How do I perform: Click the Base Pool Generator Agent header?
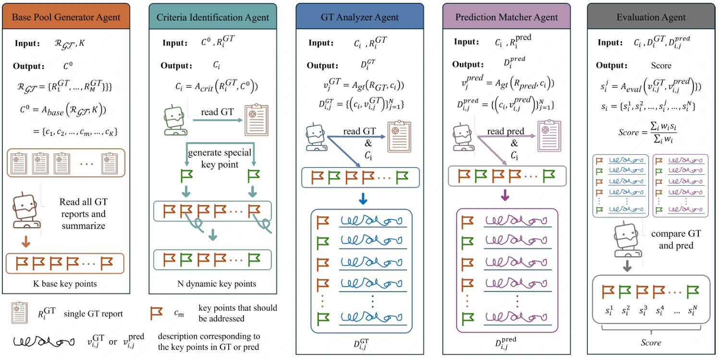coord(66,16)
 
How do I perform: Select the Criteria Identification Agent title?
coord(212,17)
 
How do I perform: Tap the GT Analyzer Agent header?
coord(359,17)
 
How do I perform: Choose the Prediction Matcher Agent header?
coord(507,17)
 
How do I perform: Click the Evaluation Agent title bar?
coord(651,17)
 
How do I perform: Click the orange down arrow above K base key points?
coord(26,241)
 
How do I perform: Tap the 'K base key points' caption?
coord(65,284)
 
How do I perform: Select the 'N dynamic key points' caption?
coord(217,284)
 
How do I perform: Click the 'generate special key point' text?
coord(219,158)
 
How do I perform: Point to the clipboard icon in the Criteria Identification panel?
coord(256,120)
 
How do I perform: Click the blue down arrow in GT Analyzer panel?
coord(363,199)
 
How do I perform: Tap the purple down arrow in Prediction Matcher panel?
coord(505,195)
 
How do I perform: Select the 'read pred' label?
coord(506,131)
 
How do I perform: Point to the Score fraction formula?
coord(647,132)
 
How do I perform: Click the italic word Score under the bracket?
coord(651,343)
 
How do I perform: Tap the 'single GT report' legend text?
coord(93,313)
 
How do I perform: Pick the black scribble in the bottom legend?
coord(44,341)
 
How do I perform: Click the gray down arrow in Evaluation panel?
coord(627,266)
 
